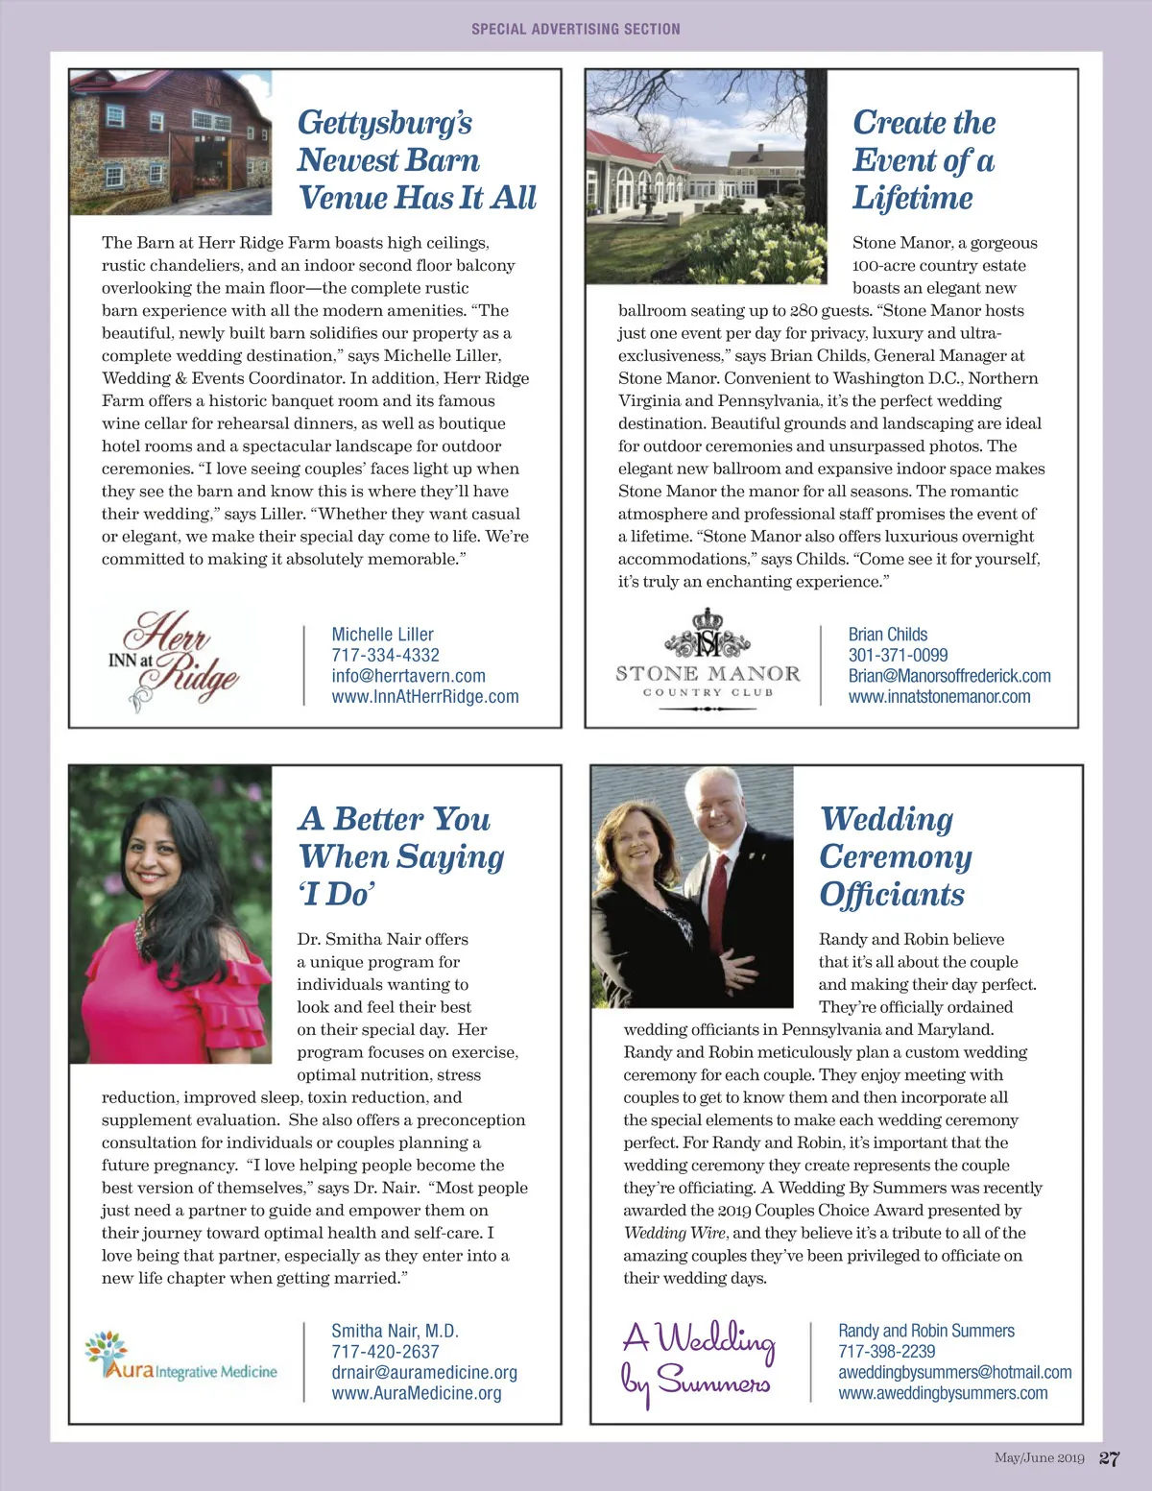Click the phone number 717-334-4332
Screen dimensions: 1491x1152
pos(385,655)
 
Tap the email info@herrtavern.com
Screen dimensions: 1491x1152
pos(408,676)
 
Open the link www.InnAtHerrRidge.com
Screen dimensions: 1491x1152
pos(424,697)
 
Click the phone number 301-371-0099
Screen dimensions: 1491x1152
pos(898,655)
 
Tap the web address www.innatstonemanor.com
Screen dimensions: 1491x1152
pos(939,697)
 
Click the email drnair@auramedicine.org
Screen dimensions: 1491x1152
pos(424,1373)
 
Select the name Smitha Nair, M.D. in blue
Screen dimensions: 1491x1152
pos(395,1331)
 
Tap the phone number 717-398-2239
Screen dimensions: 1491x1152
pos(886,1352)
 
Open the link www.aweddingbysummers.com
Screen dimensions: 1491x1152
pos(943,1393)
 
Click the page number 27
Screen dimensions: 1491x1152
pos(1109,1458)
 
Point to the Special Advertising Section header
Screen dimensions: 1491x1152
pos(575,29)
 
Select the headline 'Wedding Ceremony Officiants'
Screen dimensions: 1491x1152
pos(895,856)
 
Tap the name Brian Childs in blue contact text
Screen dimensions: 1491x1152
pos(887,635)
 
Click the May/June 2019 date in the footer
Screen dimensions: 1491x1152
pos(1039,1458)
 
